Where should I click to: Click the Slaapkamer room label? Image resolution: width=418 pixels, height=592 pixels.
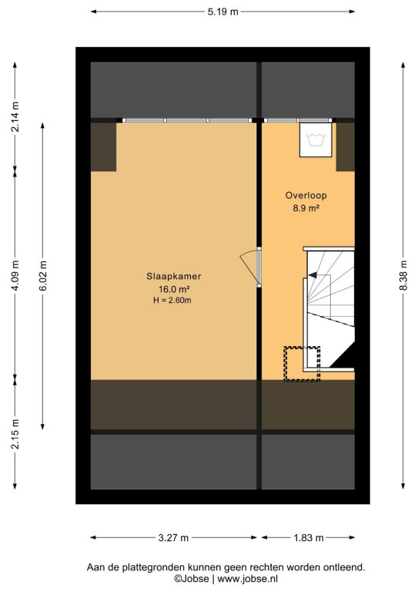(173, 277)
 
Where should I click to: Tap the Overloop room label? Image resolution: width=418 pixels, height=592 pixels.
(306, 196)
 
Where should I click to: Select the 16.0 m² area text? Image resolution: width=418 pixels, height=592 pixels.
(173, 290)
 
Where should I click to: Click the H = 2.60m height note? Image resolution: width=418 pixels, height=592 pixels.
(172, 301)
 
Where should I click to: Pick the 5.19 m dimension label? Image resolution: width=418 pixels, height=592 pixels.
(222, 12)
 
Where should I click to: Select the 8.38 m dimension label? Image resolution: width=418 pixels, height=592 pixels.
(403, 276)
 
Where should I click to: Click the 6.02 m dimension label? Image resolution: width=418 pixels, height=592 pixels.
(43, 276)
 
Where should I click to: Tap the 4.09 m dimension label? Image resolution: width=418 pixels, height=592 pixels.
(15, 276)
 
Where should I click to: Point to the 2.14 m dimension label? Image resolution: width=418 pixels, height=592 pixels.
(15, 116)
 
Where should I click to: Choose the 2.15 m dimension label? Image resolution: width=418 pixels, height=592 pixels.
(15, 434)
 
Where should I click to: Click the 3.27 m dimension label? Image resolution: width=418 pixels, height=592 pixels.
(173, 537)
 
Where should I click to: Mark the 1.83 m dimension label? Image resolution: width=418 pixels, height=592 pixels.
(309, 537)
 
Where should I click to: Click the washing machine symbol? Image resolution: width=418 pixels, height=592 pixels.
(316, 140)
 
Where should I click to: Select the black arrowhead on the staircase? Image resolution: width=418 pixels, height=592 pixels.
(313, 275)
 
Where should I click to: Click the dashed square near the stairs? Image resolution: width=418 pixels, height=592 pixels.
(302, 364)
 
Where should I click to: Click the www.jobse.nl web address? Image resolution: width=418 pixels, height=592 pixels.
(248, 578)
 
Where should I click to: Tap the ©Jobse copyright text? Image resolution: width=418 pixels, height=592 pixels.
(191, 578)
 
